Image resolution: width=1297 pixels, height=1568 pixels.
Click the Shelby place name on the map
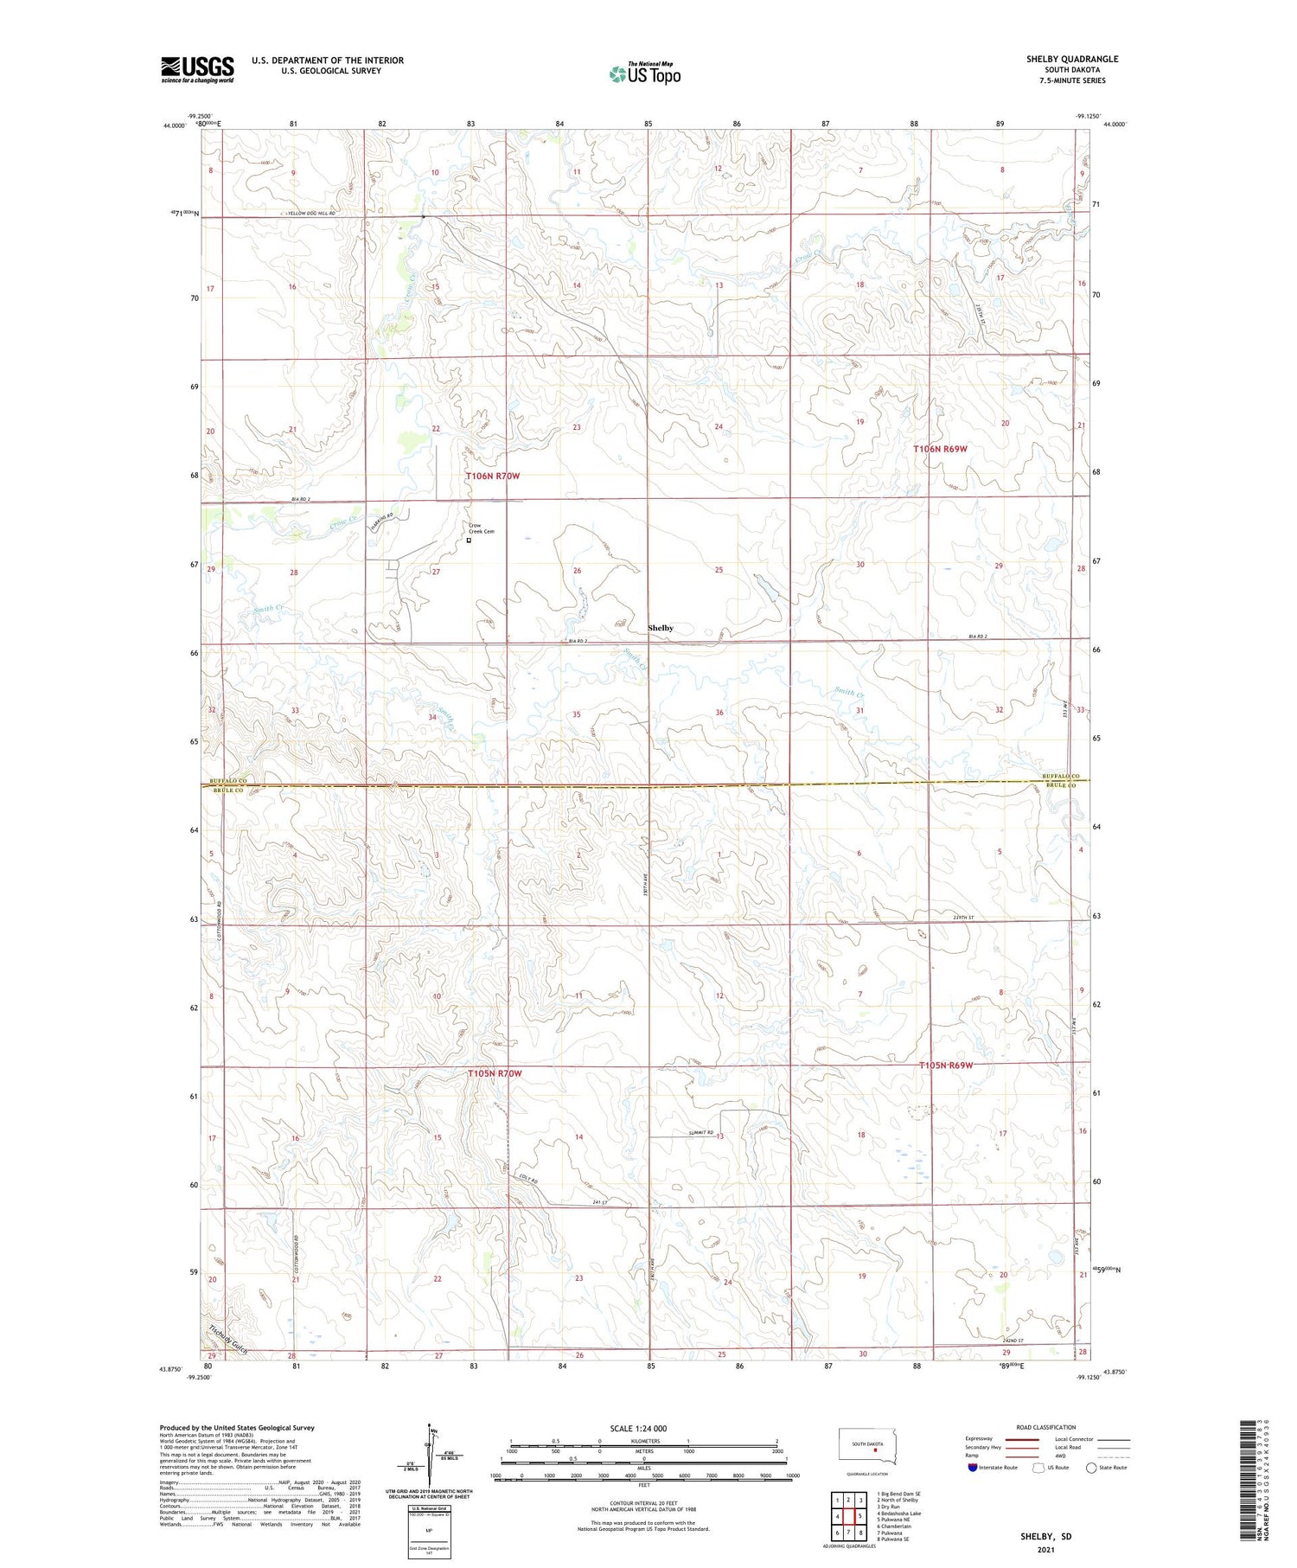coord(661,628)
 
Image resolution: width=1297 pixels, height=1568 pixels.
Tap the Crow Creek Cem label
coord(482,528)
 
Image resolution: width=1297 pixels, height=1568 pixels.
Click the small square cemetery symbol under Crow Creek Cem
coord(470,541)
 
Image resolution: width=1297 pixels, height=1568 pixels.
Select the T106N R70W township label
coord(493,477)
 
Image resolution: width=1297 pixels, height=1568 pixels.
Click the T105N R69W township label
coord(945,1065)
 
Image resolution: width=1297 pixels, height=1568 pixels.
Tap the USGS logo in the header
coord(197,69)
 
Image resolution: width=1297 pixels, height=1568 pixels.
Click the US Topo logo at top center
coord(645,74)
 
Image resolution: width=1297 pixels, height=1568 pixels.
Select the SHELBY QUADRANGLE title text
coord(1072,59)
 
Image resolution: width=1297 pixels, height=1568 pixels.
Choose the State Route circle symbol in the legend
coord(1091,1467)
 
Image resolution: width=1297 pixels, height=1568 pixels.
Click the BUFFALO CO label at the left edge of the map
coord(230,781)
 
